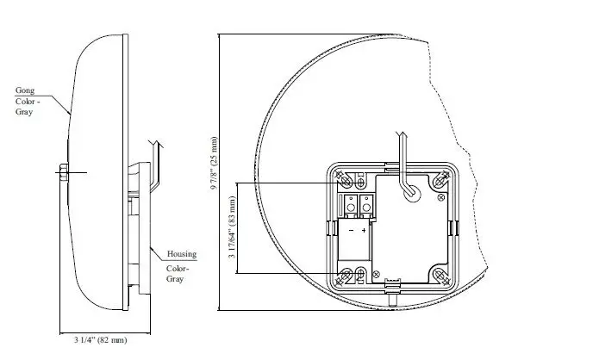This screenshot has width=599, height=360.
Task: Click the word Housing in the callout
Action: click(182, 254)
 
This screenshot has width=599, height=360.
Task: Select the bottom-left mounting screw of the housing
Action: click(346, 276)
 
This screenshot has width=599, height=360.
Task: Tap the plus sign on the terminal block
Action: click(365, 231)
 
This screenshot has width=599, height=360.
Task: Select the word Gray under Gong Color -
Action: click(23, 113)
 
